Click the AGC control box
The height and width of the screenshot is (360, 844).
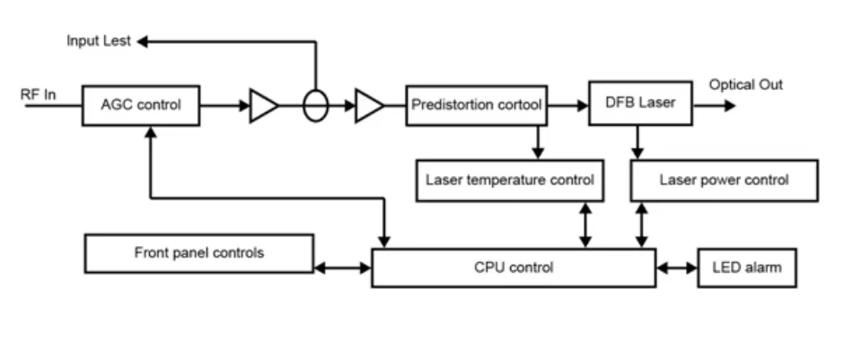[140, 105]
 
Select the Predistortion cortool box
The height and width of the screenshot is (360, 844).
[476, 105]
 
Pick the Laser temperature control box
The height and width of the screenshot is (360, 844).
[509, 180]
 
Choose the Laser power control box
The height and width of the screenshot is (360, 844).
[724, 180]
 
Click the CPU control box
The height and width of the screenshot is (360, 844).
[514, 268]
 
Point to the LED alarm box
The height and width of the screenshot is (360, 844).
[746, 268]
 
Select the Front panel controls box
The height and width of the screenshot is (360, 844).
[199, 253]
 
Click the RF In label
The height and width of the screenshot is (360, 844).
[39, 92]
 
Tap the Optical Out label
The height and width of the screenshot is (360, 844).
[745, 85]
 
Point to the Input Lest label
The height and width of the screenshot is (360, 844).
[98, 41]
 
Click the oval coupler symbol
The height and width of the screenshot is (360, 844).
[315, 105]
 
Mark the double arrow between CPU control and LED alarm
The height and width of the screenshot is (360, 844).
[677, 268]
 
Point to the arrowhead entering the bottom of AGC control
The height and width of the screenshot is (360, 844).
[151, 132]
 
